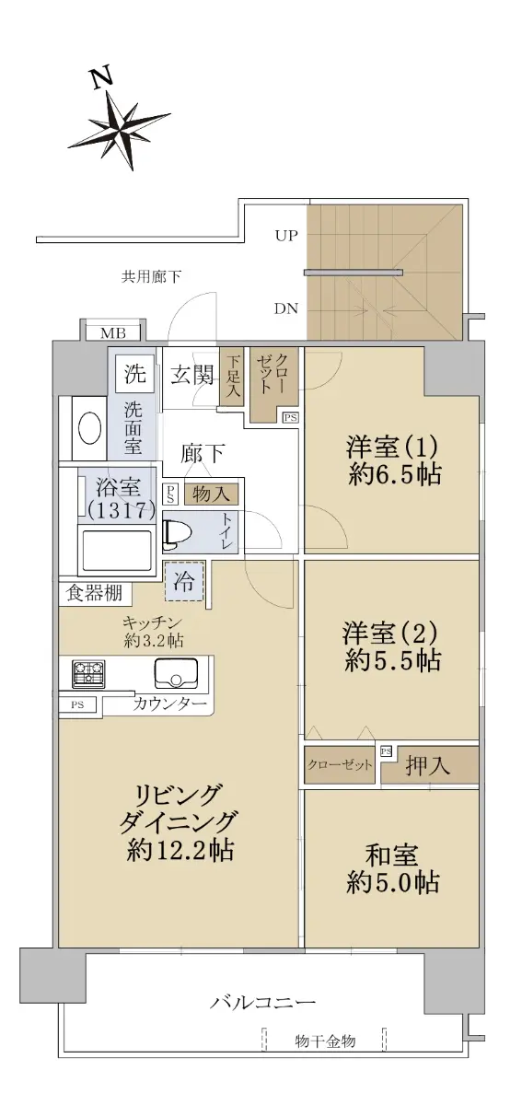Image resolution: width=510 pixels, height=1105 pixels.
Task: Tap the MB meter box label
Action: (113, 333)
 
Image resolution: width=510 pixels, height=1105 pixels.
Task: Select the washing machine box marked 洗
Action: (134, 374)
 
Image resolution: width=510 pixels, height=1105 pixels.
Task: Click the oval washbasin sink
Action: (90, 428)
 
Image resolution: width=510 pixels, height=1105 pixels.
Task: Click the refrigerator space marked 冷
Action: (183, 582)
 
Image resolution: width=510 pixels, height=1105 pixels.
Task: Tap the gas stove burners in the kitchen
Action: (88, 674)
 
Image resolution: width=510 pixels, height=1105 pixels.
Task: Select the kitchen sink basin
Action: (176, 673)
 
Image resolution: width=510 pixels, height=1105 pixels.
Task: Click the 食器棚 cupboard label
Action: (94, 593)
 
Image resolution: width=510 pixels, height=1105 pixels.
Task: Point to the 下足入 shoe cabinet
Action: (232, 378)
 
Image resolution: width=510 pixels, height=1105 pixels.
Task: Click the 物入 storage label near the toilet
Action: (211, 494)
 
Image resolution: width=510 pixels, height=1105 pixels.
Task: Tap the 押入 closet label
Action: (428, 765)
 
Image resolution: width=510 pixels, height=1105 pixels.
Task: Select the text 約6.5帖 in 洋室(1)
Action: (395, 474)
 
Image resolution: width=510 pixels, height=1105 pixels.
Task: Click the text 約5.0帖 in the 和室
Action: (393, 882)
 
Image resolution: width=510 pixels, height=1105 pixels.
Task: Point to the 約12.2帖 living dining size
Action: (180, 850)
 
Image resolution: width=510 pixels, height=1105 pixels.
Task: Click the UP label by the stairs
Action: (286, 236)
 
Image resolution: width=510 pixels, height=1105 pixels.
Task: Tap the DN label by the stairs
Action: (286, 308)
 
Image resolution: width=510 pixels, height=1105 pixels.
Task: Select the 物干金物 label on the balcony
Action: (326, 1039)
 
